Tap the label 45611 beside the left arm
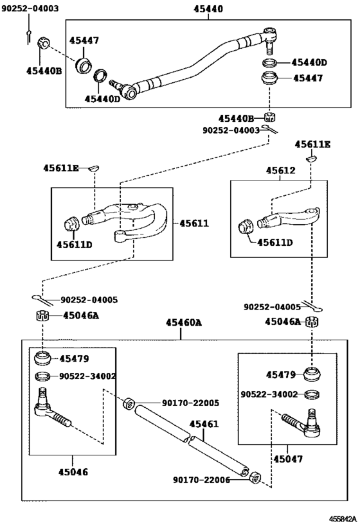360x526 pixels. pos(194,224)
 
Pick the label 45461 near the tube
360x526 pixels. pos(204,425)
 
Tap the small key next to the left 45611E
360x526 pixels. pos(92,168)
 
